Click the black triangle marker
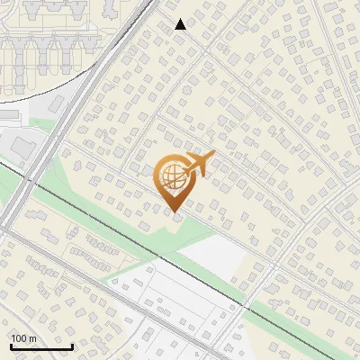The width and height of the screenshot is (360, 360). [181, 24]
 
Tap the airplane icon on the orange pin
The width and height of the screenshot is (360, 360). [200, 165]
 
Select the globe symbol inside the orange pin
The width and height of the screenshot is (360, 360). [172, 177]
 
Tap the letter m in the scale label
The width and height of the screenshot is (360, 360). [32, 338]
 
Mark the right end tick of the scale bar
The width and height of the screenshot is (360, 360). [72, 346]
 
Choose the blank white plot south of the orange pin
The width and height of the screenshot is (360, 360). [216, 256]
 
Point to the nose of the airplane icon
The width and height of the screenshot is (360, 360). [214, 158]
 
